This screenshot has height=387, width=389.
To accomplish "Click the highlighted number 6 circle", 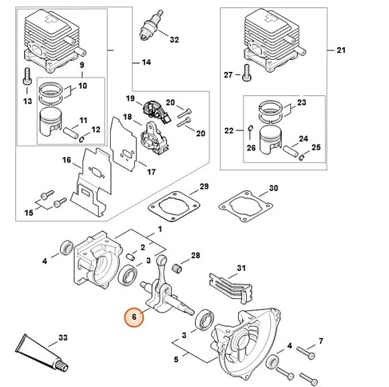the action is tap(134, 317).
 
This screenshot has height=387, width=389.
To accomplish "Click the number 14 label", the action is tap(147, 62).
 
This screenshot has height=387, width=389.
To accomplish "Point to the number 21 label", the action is tap(341, 50).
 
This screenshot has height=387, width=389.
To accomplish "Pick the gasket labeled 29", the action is tap(174, 206).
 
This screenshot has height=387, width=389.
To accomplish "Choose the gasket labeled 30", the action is tap(245, 206).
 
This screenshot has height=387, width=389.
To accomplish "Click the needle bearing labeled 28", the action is tap(176, 269).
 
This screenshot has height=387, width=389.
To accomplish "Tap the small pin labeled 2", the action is tap(130, 257).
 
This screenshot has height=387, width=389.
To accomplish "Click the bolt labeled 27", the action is tap(246, 73).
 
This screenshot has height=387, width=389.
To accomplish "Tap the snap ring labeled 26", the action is tap(251, 128).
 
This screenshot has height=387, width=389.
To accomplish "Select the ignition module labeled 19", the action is tap(156, 111).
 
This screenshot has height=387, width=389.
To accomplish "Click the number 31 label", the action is tap(241, 269).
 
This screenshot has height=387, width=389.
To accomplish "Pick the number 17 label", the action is tap(152, 172).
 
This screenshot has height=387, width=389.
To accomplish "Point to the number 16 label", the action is tap(66, 160).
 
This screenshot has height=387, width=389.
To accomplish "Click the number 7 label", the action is tap(321, 341).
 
